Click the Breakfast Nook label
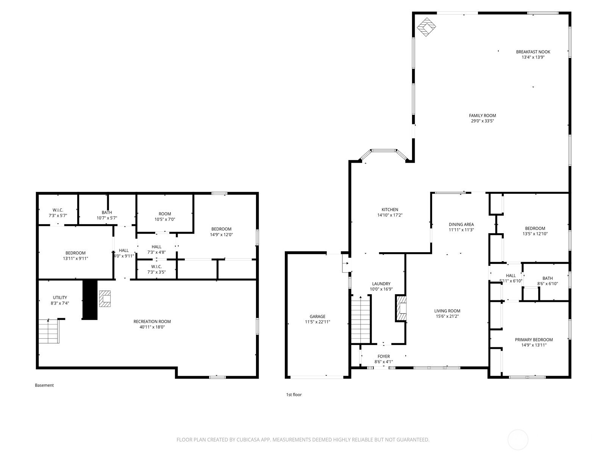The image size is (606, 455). coord(533,52)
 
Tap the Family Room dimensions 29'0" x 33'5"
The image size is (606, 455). coord(482,121)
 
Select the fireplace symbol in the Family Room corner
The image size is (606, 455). coord(426,27)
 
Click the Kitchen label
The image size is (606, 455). coord(390,210)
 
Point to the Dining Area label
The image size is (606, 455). coord(461,224)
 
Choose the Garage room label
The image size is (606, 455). coord(317,317)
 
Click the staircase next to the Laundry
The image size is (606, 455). coord(360,320)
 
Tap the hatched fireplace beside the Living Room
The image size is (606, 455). coord(401,308)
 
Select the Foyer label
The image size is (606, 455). coord(383,357)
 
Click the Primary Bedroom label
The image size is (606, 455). coord(534,340)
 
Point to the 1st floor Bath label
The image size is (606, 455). coord(547,278)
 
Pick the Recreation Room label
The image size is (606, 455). coord(152,322)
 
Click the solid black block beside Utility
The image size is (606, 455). coord(90,300)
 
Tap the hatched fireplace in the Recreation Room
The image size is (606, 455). coord(105,299)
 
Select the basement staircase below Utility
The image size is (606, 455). coord(49,331)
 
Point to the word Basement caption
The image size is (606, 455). coord(44,385)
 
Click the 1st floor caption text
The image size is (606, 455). coord(294,395)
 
